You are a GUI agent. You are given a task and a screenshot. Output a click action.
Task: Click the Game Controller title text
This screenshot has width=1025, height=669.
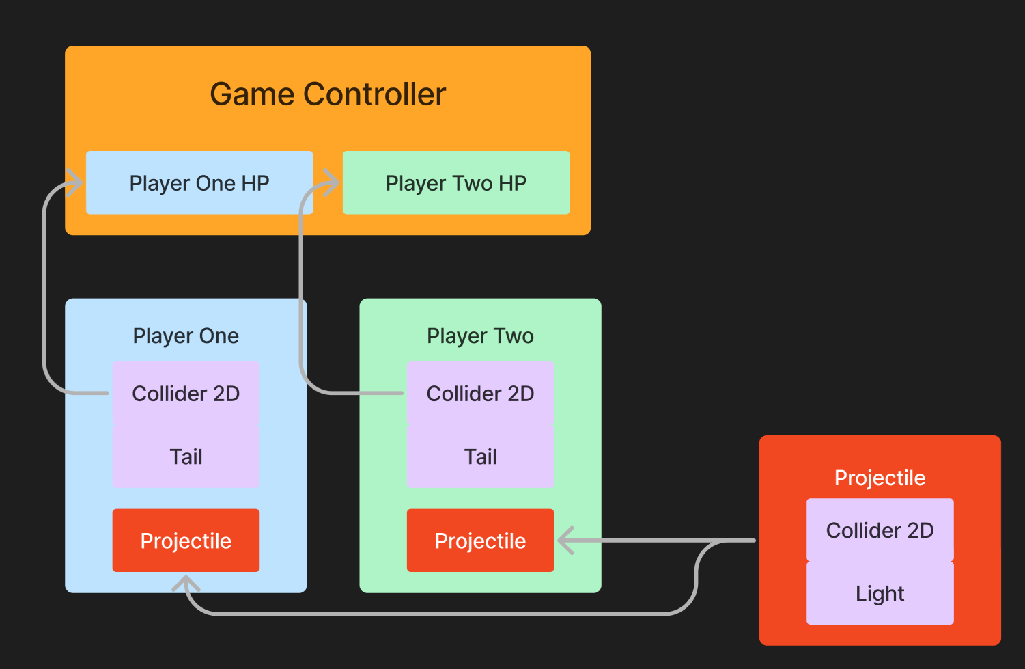point(328,94)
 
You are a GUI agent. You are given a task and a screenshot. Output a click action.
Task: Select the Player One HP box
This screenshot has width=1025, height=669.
point(199,183)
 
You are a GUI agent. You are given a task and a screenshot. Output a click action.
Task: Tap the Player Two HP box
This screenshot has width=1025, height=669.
point(456,183)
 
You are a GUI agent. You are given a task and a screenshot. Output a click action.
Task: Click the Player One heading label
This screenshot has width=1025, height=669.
point(186,336)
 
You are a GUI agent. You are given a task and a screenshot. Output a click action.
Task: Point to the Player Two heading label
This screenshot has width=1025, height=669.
point(480,336)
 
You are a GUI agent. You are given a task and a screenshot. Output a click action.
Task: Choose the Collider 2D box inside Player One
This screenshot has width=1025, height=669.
point(186,394)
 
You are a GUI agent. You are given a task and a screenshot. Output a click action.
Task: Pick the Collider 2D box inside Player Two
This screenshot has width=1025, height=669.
point(480,394)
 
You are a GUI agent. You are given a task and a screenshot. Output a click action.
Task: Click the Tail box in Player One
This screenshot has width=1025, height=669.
point(186,456)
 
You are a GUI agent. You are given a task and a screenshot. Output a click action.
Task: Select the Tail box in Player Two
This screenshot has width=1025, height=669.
point(480,456)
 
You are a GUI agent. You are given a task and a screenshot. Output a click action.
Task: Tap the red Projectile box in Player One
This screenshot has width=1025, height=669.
point(186,541)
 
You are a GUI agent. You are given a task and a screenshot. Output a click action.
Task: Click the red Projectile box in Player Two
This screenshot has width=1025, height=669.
point(480,541)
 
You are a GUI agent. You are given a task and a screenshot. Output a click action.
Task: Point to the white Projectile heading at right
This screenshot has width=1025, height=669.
point(880,478)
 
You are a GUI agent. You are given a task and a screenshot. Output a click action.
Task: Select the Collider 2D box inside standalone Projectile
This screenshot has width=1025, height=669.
point(880,530)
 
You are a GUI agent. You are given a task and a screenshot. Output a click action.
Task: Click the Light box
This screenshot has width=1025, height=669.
point(880,593)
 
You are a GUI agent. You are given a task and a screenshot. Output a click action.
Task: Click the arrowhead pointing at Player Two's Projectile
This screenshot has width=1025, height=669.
point(565,541)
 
